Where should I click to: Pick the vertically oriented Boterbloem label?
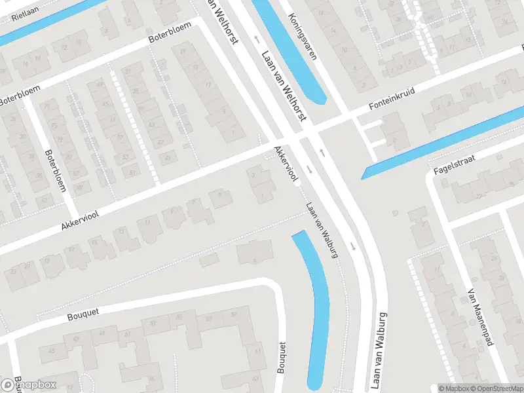click(55, 171)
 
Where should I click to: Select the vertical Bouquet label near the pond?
click(283, 357)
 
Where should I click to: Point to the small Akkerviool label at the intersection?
click(287, 163)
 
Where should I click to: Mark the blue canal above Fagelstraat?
click(445, 141)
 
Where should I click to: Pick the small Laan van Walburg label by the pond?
click(322, 229)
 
